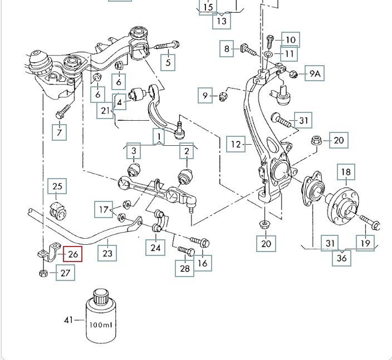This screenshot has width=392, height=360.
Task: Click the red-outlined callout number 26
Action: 73,254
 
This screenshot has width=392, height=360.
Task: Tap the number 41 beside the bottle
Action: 68,320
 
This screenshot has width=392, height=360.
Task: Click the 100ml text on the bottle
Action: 101,324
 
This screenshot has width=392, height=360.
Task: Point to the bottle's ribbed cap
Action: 100,296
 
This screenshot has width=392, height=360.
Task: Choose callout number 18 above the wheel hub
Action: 346,172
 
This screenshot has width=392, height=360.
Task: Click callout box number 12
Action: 236,145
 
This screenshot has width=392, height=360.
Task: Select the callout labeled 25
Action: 58,187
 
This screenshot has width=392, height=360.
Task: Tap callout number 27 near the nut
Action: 66,273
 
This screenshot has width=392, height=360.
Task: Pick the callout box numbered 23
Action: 107,254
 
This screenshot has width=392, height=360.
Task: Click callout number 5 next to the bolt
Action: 168,62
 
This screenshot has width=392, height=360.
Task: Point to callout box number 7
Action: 60,132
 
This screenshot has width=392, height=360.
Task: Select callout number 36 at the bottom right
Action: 341,258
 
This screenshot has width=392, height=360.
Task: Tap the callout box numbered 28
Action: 185,269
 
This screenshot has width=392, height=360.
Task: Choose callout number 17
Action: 103,210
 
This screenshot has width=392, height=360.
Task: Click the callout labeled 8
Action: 227,49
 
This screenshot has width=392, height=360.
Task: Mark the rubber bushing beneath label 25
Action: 58,209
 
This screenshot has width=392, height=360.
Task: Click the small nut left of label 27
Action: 43,273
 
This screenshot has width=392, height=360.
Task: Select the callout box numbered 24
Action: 155,246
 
